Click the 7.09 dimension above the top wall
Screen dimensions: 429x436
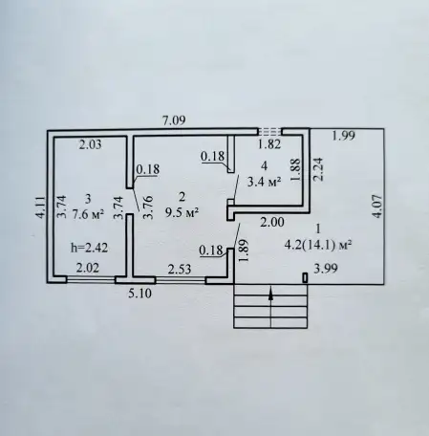coord(174,120)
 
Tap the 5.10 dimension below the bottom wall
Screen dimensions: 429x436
coord(139,294)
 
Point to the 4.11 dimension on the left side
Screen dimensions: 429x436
coord(40,207)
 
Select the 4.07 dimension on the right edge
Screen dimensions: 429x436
coord(377,207)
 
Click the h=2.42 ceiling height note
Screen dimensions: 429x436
coord(89,248)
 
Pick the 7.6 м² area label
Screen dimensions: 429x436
coord(88,214)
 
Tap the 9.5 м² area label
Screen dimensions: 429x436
coord(182,212)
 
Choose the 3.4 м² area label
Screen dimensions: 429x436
coord(265,182)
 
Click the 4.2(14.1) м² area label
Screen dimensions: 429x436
coord(318,246)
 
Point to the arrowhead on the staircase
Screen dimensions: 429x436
coord(270,294)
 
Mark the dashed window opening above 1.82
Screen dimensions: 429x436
coord(270,131)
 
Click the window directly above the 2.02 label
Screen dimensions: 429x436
coord(91,280)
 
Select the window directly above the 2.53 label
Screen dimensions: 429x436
coord(181,280)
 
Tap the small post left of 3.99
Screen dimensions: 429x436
coord(305,278)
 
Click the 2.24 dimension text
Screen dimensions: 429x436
coord(318,169)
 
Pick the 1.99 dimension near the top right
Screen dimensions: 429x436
coord(343,136)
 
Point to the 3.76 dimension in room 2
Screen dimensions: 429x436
coord(148,207)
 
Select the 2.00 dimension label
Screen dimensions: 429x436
coord(272,222)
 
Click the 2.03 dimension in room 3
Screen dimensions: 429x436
coord(91,144)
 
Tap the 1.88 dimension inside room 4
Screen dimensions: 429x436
coord(295,170)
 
